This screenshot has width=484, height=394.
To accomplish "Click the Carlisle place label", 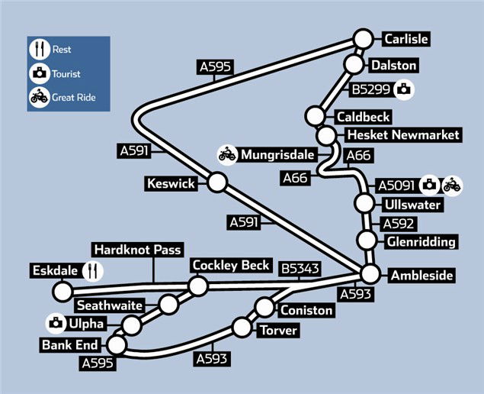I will click(x=406, y=39).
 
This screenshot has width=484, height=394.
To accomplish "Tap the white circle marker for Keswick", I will click(x=218, y=182).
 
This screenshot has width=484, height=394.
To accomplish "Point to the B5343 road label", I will click(x=300, y=269).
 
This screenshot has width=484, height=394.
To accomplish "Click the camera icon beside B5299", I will click(x=405, y=89).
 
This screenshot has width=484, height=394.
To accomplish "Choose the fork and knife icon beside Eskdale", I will click(x=93, y=271).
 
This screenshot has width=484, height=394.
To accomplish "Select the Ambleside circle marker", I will click(x=370, y=274).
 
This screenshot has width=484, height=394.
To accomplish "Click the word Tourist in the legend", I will click(x=66, y=74).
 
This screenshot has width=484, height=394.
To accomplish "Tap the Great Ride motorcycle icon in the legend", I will click(x=39, y=97).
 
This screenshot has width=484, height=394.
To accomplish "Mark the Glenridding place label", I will click(x=421, y=242).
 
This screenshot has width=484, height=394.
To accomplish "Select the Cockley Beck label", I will click(x=231, y=265).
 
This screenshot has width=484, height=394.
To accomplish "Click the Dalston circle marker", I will click(x=354, y=64).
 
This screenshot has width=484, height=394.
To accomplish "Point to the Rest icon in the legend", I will click(x=39, y=50).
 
